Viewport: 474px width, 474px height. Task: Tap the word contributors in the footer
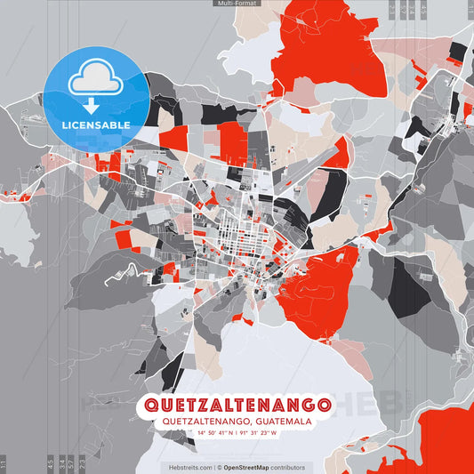pyautogui.click(x=288, y=467)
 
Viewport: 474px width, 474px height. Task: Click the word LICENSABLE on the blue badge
pyautogui.click(x=95, y=125)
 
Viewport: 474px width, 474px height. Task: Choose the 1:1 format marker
pyautogui.click(x=4, y=462)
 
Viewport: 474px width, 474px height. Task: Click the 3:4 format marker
pyautogui.click(x=62, y=462)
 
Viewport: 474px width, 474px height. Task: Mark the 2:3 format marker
pyautogui.click(x=83, y=462)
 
